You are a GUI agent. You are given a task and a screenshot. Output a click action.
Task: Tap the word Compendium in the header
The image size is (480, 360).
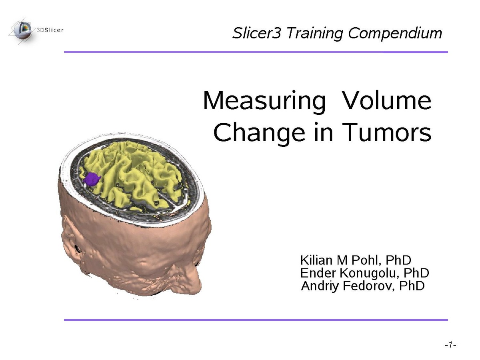click(x=395, y=33)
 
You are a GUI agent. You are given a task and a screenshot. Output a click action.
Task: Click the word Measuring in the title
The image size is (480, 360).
click(x=264, y=101)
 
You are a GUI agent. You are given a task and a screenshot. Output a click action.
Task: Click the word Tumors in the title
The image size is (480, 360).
click(x=386, y=132)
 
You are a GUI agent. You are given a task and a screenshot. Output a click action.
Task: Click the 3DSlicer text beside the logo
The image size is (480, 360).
click(x=50, y=30)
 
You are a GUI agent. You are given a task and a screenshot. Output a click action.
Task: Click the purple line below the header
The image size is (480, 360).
click(x=256, y=52)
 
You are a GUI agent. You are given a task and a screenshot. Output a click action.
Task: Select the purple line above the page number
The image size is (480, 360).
click(x=256, y=320)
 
